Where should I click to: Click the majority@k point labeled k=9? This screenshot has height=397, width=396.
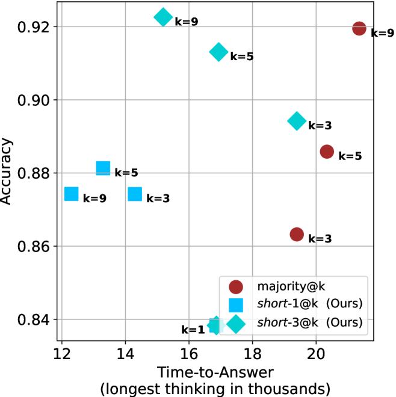[x=359, y=28]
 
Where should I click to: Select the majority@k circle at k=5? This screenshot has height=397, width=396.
[x=327, y=152]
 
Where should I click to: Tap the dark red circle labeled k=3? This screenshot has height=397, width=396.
[x=297, y=234]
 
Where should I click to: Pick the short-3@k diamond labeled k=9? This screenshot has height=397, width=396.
[x=163, y=17]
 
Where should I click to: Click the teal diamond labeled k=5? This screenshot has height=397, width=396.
[x=218, y=52]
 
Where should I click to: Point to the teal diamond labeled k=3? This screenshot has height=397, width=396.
[x=296, y=122]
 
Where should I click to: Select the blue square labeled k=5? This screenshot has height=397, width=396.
[x=104, y=168]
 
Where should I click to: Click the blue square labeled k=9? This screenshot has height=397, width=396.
[x=72, y=194]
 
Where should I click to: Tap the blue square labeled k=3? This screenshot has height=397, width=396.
[x=135, y=194]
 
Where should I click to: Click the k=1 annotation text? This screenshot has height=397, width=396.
[x=193, y=330]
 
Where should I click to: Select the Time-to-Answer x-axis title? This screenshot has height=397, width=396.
[x=215, y=371]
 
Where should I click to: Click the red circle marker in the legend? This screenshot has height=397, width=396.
[x=236, y=288]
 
